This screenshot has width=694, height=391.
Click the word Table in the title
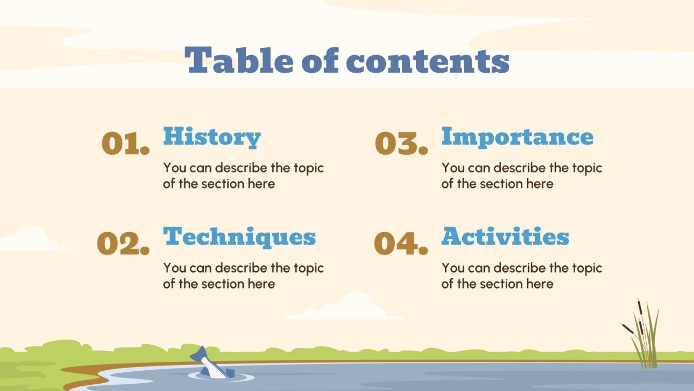(239, 61)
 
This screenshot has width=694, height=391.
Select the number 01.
(126, 143)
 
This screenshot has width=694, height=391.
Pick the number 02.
(123, 244)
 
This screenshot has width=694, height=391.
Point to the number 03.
(401, 143)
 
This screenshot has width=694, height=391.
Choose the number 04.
(401, 244)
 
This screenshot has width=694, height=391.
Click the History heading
(212, 137)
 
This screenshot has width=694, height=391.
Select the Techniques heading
(240, 237)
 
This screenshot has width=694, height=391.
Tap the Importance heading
(517, 137)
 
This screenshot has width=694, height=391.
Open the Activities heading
(505, 237)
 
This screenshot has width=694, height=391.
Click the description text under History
(243, 176)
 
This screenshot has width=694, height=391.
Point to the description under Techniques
(243, 276)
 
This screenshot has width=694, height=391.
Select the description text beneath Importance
(521, 176)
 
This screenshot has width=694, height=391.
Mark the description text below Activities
(521, 276)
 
